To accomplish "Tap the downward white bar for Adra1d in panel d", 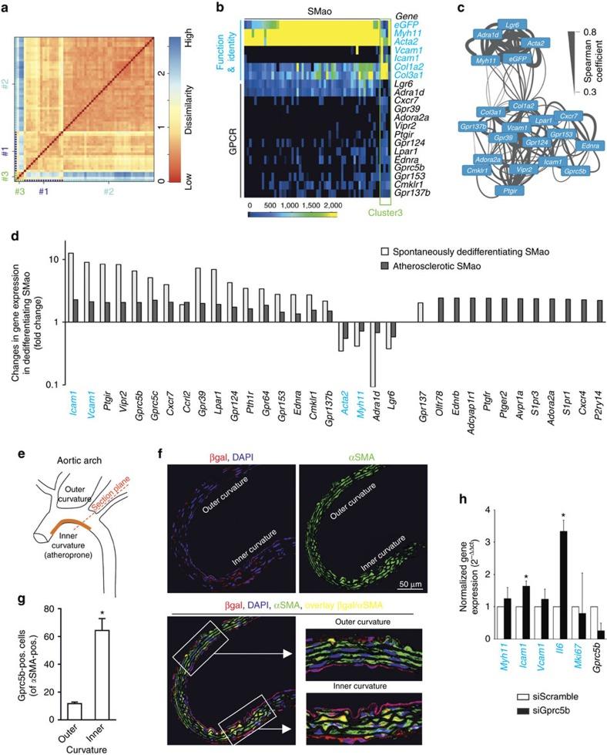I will coord(373,354).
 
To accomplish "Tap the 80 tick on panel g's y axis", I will coord(30,588).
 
